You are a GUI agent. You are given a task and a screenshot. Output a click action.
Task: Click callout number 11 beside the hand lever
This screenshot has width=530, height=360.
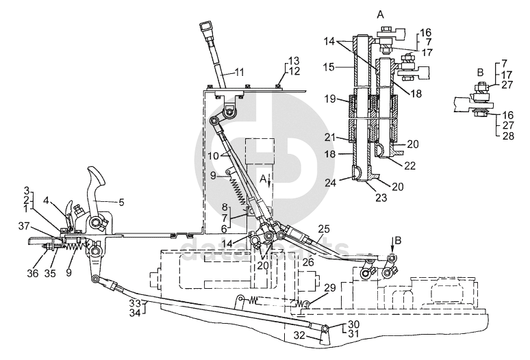(x=240, y=72)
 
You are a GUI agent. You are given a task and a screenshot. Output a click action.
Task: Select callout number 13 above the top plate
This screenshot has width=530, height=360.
(x=293, y=60)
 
